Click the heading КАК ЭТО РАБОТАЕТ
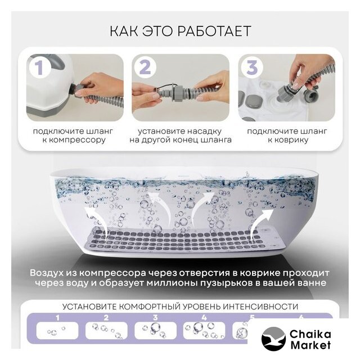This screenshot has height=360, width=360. (x=180, y=31)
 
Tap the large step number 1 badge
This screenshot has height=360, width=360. (x=39, y=67)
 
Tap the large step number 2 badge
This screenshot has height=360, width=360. (x=145, y=67)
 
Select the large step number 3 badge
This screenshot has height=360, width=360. (x=251, y=67)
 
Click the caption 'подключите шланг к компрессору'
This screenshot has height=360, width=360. (x=74, y=136)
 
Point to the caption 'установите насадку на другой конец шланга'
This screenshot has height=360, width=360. (x=180, y=136)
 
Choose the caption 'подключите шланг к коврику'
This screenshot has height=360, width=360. (x=287, y=136)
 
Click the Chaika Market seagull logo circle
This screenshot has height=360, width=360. (x=273, y=339)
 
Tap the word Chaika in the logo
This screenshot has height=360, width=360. (x=310, y=334)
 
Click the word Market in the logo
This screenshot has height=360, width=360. (x=310, y=345)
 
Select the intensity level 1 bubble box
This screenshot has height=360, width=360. (x=57, y=331)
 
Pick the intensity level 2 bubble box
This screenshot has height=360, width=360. (x=106, y=331)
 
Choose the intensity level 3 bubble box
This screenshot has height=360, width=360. (x=155, y=331)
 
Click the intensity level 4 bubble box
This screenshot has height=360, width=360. (x=204, y=331)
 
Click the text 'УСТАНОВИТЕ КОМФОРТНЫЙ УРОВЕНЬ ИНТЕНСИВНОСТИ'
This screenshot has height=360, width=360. (x=180, y=307)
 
